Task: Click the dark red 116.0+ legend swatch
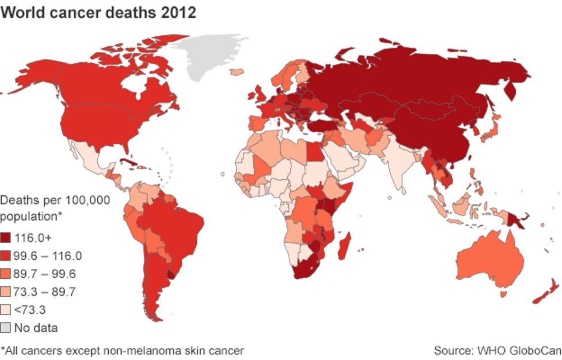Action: [6, 237]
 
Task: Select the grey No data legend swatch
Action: [6, 328]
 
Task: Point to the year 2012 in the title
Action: [179, 12]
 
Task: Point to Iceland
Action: [236, 72]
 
